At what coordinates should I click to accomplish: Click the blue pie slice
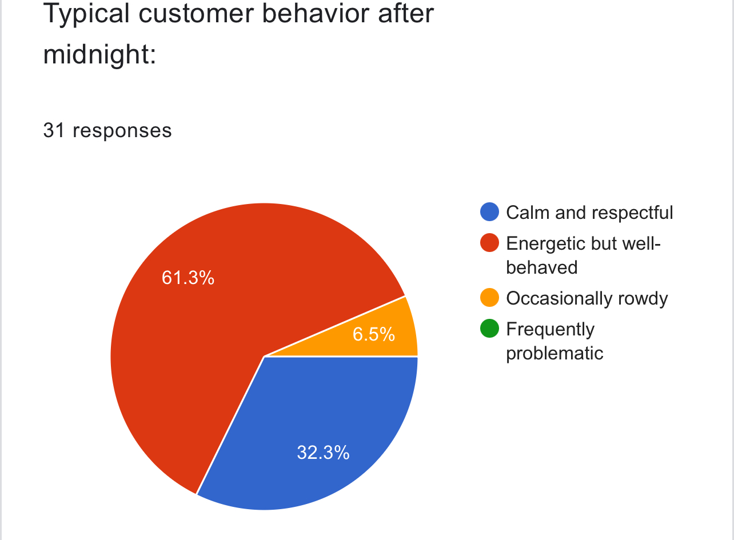coord(320,423)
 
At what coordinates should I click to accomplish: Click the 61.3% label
coord(188,278)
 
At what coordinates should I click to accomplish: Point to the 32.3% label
coord(323,453)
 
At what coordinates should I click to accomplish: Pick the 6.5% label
coord(373,334)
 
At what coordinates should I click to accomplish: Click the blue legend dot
coord(490,213)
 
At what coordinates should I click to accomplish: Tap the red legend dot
coord(490,243)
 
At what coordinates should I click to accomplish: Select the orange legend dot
coord(490,298)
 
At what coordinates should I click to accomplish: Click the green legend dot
coord(490,329)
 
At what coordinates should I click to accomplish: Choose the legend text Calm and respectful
coord(589,213)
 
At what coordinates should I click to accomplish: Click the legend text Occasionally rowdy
coord(587,298)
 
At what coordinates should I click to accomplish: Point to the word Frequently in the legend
coord(550,329)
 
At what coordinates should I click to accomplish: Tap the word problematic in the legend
coord(555,353)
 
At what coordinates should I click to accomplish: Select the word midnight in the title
coord(99,55)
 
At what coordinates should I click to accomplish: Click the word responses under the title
coord(122,130)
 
